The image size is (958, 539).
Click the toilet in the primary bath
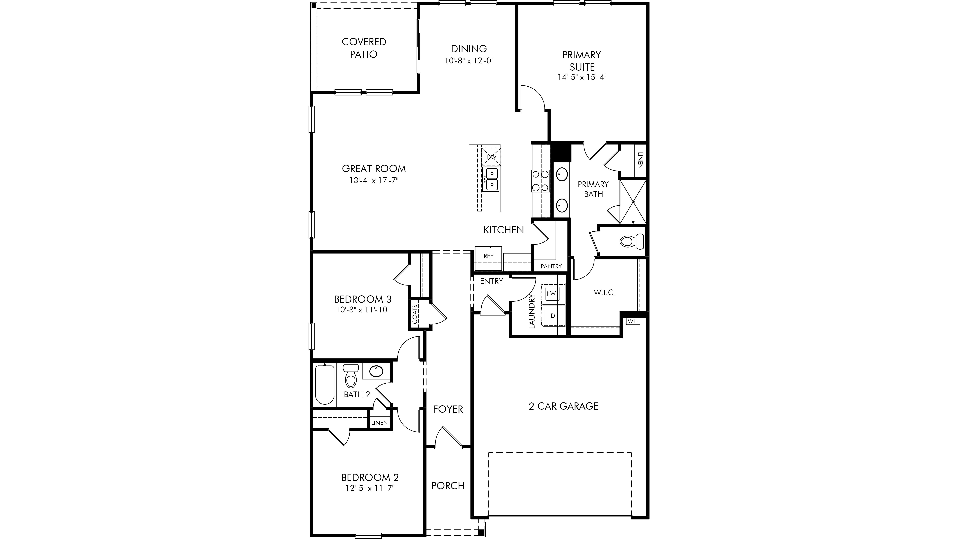[x=631, y=241]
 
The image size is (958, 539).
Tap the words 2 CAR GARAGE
[x=563, y=406]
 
